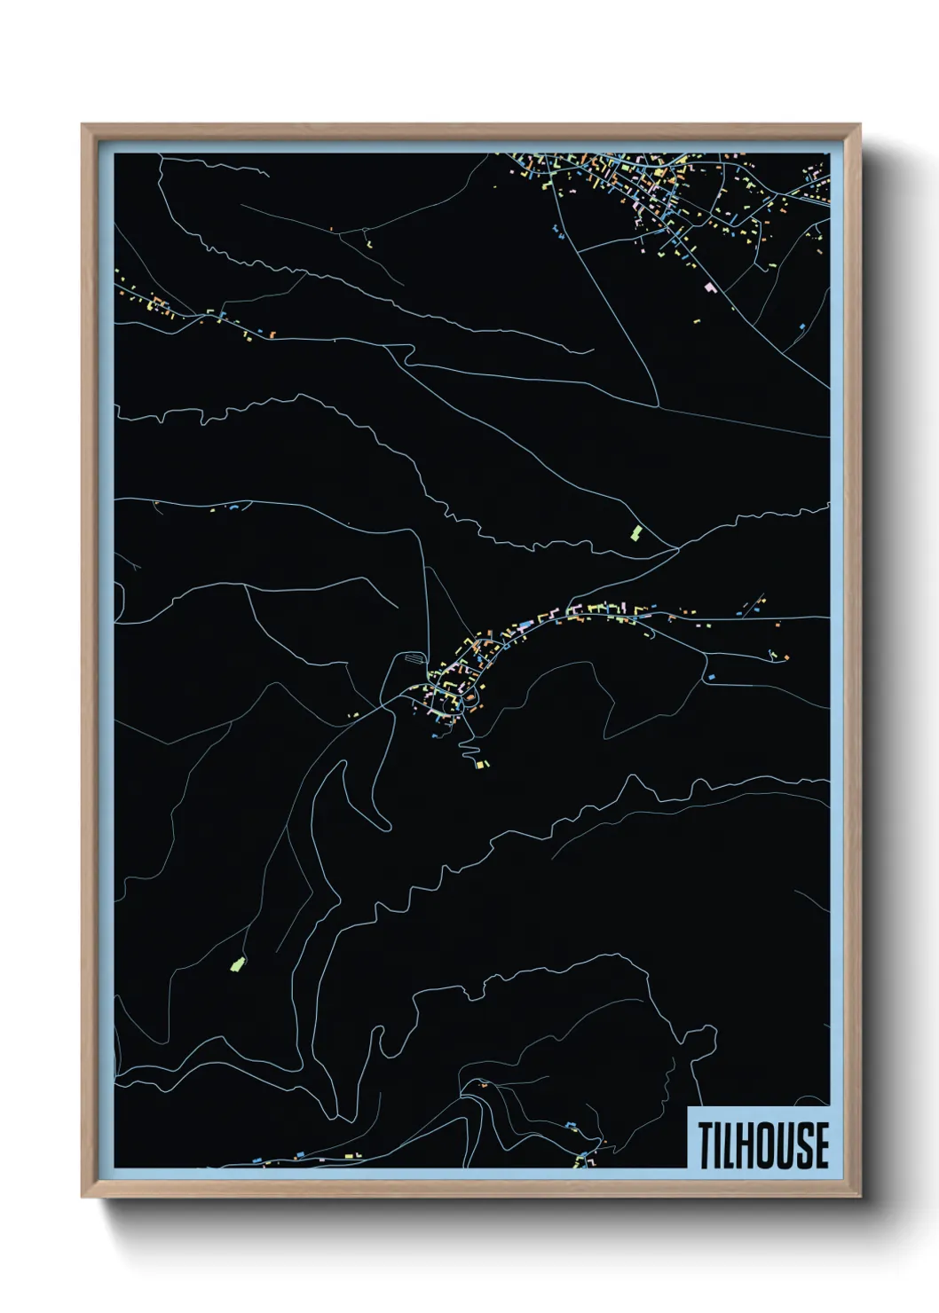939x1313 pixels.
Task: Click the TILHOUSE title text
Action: (762, 1144)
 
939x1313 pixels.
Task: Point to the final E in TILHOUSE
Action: (822, 1144)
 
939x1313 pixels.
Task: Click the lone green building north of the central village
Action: (635, 532)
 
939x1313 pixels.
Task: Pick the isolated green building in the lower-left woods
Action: (237, 963)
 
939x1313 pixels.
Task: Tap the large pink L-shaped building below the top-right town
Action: (709, 287)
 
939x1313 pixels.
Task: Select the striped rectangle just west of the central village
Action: (414, 658)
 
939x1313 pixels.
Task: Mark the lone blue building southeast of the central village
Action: (711, 677)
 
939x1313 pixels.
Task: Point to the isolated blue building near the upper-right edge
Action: (801, 327)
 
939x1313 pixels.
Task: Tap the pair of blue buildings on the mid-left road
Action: (235, 507)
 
